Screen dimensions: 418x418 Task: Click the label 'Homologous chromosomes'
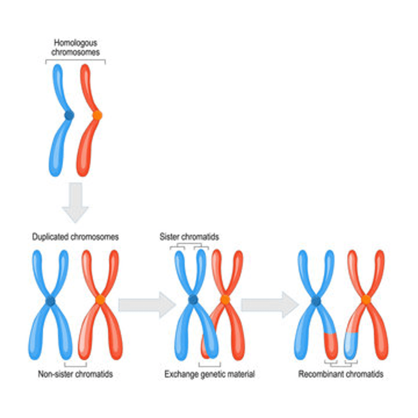click(x=75, y=48)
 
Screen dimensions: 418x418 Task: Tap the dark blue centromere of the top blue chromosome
click(x=69, y=115)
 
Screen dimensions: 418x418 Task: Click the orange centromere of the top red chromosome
click(x=97, y=115)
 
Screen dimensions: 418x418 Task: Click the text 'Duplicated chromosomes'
click(x=76, y=237)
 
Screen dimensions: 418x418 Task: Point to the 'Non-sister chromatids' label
click(x=75, y=374)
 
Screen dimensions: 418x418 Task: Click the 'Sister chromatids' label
click(x=189, y=237)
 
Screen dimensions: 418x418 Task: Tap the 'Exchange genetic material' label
click(x=209, y=374)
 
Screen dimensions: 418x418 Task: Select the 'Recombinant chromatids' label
click(x=341, y=374)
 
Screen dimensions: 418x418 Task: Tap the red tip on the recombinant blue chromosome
click(x=331, y=346)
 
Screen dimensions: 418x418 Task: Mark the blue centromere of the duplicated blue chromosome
click(x=51, y=300)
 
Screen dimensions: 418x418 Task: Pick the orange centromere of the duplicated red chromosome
click(x=100, y=300)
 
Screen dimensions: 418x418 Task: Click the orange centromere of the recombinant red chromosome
click(x=366, y=300)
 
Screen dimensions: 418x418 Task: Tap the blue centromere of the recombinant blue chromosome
click(x=316, y=300)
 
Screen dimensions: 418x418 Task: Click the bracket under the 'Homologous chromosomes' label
click(x=75, y=60)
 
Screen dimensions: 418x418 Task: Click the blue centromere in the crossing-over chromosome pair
click(x=193, y=300)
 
